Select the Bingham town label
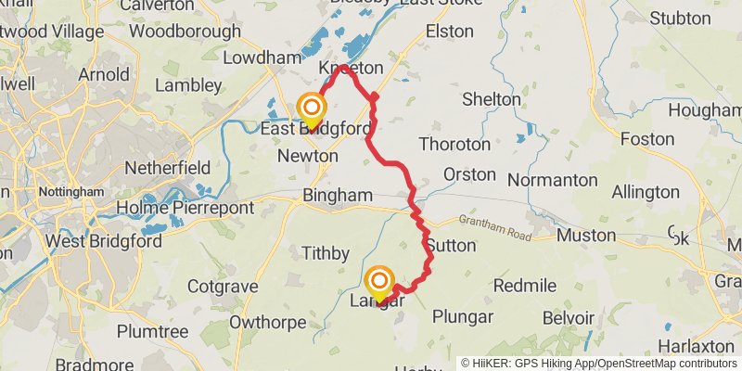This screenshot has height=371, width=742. coord(338,196)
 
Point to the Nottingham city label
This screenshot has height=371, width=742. coord(70,192)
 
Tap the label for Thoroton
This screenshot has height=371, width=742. coord(454,144)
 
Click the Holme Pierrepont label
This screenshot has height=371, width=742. coord(185,208)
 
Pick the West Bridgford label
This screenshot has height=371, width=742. coord(104,241)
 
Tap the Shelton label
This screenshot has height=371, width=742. coord(491,98)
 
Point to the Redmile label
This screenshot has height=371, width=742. coord(525,284)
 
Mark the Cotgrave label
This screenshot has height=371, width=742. coord(222,287)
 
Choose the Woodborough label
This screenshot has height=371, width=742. coord(185,31)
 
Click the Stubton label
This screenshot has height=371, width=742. coord(681,18)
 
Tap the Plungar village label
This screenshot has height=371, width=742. coord(463,316)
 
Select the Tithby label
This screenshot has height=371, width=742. coord(326,253)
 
